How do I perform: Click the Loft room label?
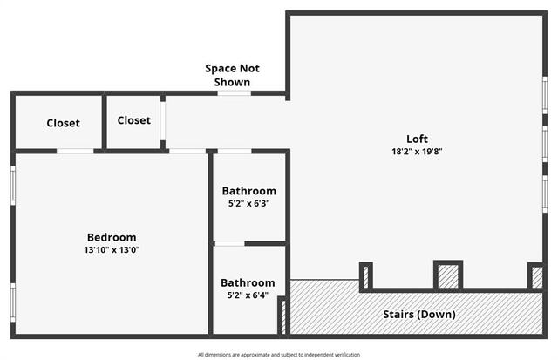click(x=417, y=139)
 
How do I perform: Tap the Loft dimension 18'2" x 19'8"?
click(x=417, y=152)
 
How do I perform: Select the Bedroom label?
click(x=112, y=237)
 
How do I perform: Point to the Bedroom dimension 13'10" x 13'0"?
click(x=112, y=249)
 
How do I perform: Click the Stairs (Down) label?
click(x=419, y=315)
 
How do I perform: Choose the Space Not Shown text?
click(x=232, y=75)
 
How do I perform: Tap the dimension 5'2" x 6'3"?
click(x=248, y=203)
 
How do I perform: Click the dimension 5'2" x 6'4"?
click(x=248, y=295)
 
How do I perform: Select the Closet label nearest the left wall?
click(x=63, y=123)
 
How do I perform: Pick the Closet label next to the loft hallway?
click(x=133, y=120)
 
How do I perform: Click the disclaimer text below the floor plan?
click(x=279, y=355)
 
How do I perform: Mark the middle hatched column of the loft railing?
click(x=448, y=276)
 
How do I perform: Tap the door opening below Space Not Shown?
click(x=235, y=93)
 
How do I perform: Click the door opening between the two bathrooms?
click(x=229, y=244)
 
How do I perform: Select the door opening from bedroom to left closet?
click(x=75, y=151)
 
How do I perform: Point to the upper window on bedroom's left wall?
click(x=13, y=186)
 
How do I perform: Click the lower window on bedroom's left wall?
click(x=13, y=302)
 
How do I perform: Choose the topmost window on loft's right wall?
click(x=545, y=95)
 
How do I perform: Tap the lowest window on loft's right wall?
click(x=545, y=194)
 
